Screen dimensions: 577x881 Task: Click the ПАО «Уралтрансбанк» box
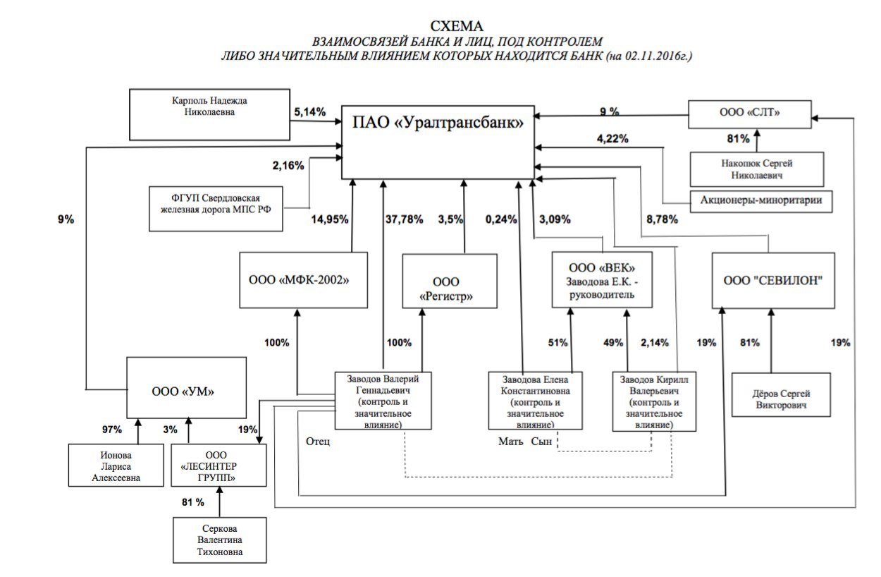pos(438,142)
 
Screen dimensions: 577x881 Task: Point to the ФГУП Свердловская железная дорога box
pos(216,208)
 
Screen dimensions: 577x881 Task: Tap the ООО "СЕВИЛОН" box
pos(773,279)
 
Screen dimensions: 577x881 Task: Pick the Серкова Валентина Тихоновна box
pos(219,540)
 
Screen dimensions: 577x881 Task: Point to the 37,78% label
pos(405,219)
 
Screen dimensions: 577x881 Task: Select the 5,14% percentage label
pos(309,111)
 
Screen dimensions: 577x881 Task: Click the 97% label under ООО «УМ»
pos(111,429)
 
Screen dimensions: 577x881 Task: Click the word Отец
pos(318,442)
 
